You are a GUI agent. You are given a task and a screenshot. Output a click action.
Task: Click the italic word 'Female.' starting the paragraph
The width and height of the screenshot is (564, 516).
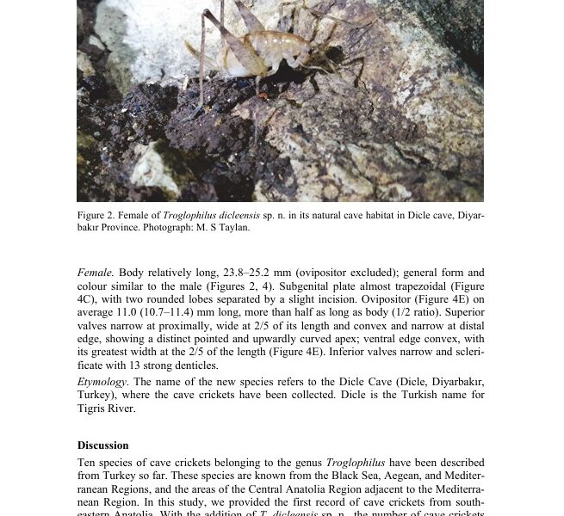[x=95, y=273]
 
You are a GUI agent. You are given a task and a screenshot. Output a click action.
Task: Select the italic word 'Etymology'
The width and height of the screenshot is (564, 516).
[x=102, y=382]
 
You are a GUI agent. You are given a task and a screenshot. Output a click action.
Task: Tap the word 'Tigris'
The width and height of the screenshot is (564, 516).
[x=95, y=408]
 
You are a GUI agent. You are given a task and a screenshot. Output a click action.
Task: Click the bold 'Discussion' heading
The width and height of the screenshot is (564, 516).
[x=103, y=445]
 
